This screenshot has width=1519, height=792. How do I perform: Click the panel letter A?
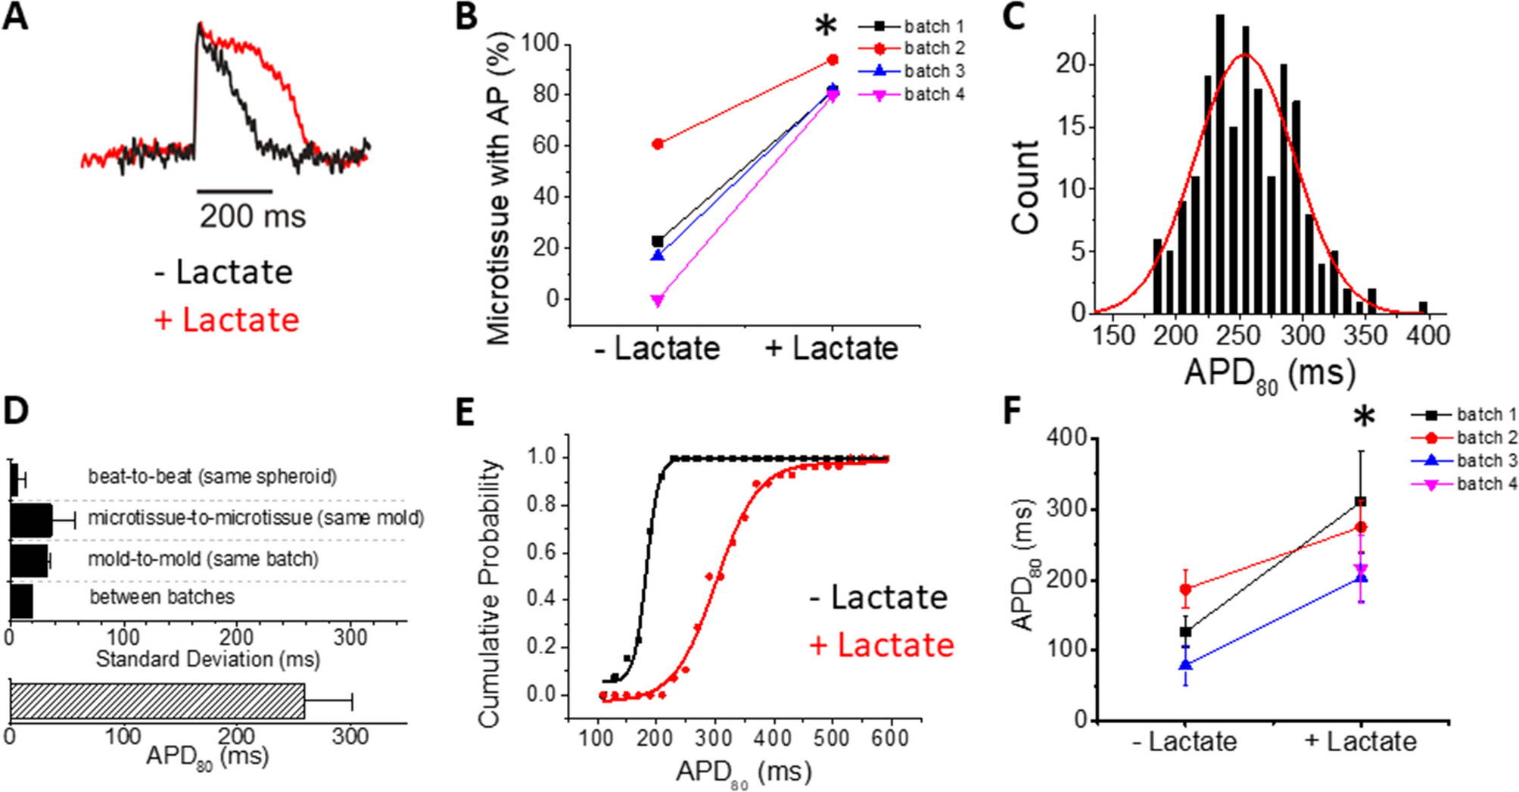coord(16,17)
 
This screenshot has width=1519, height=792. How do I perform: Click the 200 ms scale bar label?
coord(252,217)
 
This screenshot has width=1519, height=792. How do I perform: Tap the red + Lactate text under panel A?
coord(226,320)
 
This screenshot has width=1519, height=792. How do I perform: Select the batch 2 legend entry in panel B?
coord(934,48)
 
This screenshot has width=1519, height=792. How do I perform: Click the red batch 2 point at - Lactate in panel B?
coord(658,144)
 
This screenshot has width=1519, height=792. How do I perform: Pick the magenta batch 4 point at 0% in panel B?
coord(658,301)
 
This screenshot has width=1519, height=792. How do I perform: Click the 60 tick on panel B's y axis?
coord(545,145)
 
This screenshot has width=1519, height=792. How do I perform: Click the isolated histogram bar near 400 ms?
coord(1423,307)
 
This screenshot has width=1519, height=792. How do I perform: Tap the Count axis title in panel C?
coord(1025,187)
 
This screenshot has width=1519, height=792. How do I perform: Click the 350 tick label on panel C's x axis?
coord(1367,335)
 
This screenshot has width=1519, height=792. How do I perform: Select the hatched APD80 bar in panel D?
coord(157,701)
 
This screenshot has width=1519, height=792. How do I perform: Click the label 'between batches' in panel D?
coord(162,597)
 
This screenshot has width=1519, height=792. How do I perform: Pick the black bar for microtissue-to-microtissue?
coord(31,520)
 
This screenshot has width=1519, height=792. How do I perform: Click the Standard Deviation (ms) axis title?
coord(207,659)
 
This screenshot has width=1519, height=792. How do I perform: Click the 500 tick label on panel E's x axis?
coord(831,737)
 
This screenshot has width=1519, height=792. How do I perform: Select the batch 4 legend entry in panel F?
coord(1486,484)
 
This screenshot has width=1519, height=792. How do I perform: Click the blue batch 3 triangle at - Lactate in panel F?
coord(1185,665)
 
